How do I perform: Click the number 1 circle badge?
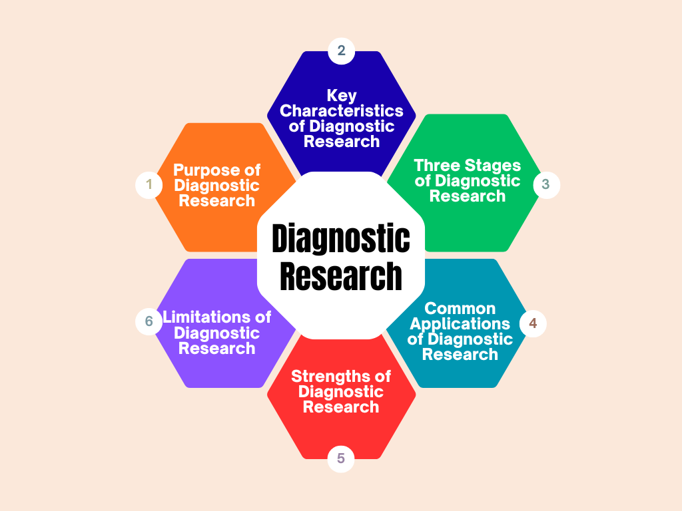click(149, 184)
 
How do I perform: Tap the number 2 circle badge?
click(341, 51)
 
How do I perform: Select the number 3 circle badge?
click(546, 184)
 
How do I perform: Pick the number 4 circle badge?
click(532, 323)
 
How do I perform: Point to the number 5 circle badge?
click(341, 458)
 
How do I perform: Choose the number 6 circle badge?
click(149, 321)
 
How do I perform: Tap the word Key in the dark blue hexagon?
click(341, 96)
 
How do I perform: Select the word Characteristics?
click(341, 111)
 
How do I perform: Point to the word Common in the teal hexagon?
click(460, 309)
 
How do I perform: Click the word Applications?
click(460, 324)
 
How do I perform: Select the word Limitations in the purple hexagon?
click(208, 317)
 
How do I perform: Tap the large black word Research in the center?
click(341, 275)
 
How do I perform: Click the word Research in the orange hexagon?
click(217, 201)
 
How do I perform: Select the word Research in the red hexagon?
click(341, 407)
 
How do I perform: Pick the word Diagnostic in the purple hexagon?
click(217, 333)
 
